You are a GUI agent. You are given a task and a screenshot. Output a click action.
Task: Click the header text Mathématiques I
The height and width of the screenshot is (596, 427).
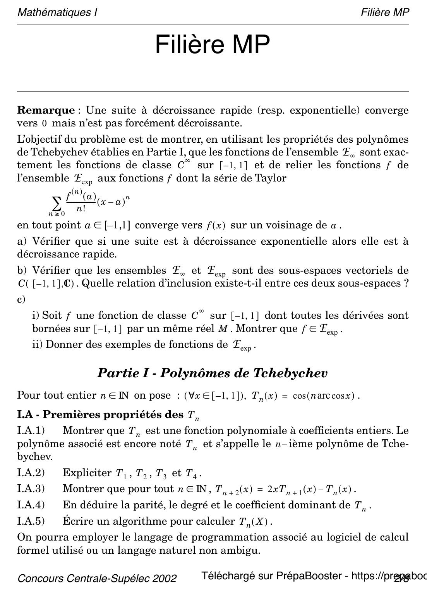tap(57, 12)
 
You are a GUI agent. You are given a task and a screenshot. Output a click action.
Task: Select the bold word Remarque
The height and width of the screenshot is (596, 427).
tap(46, 110)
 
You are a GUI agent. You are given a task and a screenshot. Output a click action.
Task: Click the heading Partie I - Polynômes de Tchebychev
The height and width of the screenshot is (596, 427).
tap(213, 373)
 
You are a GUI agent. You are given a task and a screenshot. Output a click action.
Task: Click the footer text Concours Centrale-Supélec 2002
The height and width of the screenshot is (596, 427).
tap(97, 579)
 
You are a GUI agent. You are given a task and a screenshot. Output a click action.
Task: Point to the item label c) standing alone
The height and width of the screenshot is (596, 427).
tap(21, 299)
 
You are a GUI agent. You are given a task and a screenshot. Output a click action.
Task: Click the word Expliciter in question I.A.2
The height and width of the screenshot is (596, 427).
tap(87, 473)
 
